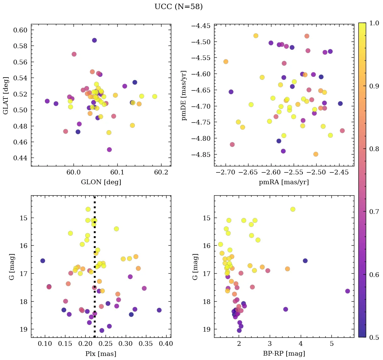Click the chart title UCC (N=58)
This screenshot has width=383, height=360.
178,7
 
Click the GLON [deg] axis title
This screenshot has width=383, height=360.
101,182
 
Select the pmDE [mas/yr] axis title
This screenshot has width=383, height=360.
184,95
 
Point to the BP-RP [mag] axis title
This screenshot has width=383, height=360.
284,354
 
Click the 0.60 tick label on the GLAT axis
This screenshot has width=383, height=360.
20,30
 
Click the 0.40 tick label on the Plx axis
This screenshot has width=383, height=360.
166,344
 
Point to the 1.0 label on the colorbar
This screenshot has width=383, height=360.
373,23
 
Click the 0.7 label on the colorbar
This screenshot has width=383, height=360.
373,212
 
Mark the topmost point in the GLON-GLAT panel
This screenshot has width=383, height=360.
94,40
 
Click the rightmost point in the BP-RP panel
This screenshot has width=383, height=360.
348,291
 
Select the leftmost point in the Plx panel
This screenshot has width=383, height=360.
42,261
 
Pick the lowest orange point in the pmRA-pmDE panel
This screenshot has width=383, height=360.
316,154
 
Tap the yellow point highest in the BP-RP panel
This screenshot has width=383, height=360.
293,209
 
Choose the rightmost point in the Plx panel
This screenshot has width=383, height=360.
159,310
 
